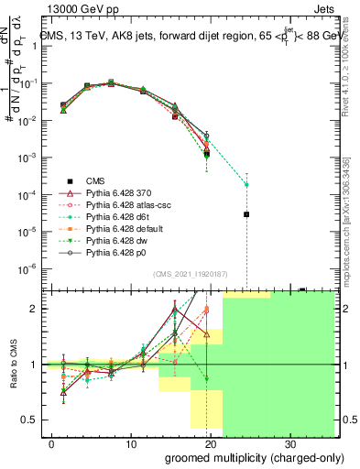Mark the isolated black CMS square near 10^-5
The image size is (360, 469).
click(246, 214)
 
